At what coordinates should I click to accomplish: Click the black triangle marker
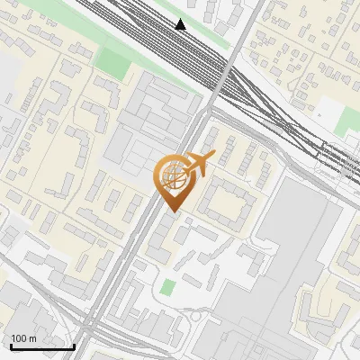tap(181, 24)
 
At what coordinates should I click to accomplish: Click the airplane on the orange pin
tap(199, 165)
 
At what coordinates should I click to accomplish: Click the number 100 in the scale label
tap(20, 338)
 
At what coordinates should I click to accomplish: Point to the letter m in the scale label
tap(32, 338)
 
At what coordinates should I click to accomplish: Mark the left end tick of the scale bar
tap(12, 346)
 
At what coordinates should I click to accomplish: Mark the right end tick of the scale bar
tap(74, 346)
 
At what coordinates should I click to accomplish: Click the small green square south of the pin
tap(168, 287)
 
